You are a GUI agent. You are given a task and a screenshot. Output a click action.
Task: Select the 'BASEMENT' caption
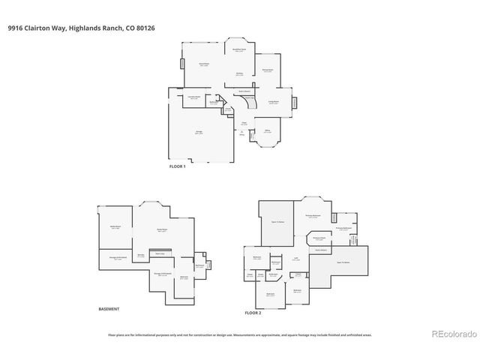[109, 308]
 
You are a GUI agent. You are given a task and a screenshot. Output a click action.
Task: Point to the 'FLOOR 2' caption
[254, 311]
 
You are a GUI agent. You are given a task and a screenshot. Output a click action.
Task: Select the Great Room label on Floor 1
[202, 65]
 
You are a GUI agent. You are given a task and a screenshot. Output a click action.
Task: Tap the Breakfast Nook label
[240, 50]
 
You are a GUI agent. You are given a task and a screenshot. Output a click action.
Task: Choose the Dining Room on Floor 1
[266, 71]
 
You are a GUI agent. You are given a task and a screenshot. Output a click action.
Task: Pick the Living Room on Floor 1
[274, 103]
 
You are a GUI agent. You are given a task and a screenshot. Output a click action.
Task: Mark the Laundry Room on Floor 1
[192, 98]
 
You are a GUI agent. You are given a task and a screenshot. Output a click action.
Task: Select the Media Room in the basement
[115, 227]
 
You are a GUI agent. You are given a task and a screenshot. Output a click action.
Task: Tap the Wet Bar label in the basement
[140, 256]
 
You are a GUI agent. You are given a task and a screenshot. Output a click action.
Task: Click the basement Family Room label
[161, 230]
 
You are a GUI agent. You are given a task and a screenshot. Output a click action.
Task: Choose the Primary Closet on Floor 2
[318, 239]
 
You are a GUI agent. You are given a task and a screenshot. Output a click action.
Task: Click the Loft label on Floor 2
[296, 259]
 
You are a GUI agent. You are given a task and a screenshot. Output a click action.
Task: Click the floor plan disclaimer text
[240, 335]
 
